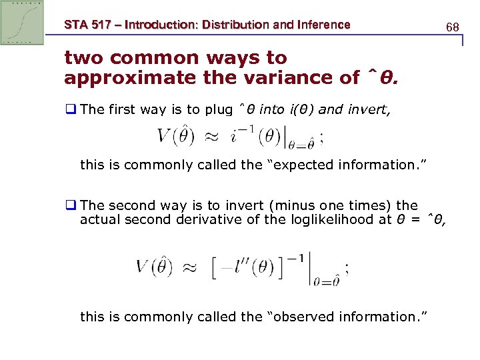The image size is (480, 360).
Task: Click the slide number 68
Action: point(453,27)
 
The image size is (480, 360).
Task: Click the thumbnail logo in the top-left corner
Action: point(23,23)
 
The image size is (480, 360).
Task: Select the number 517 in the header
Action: point(101,25)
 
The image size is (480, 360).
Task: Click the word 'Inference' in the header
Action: point(323,25)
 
